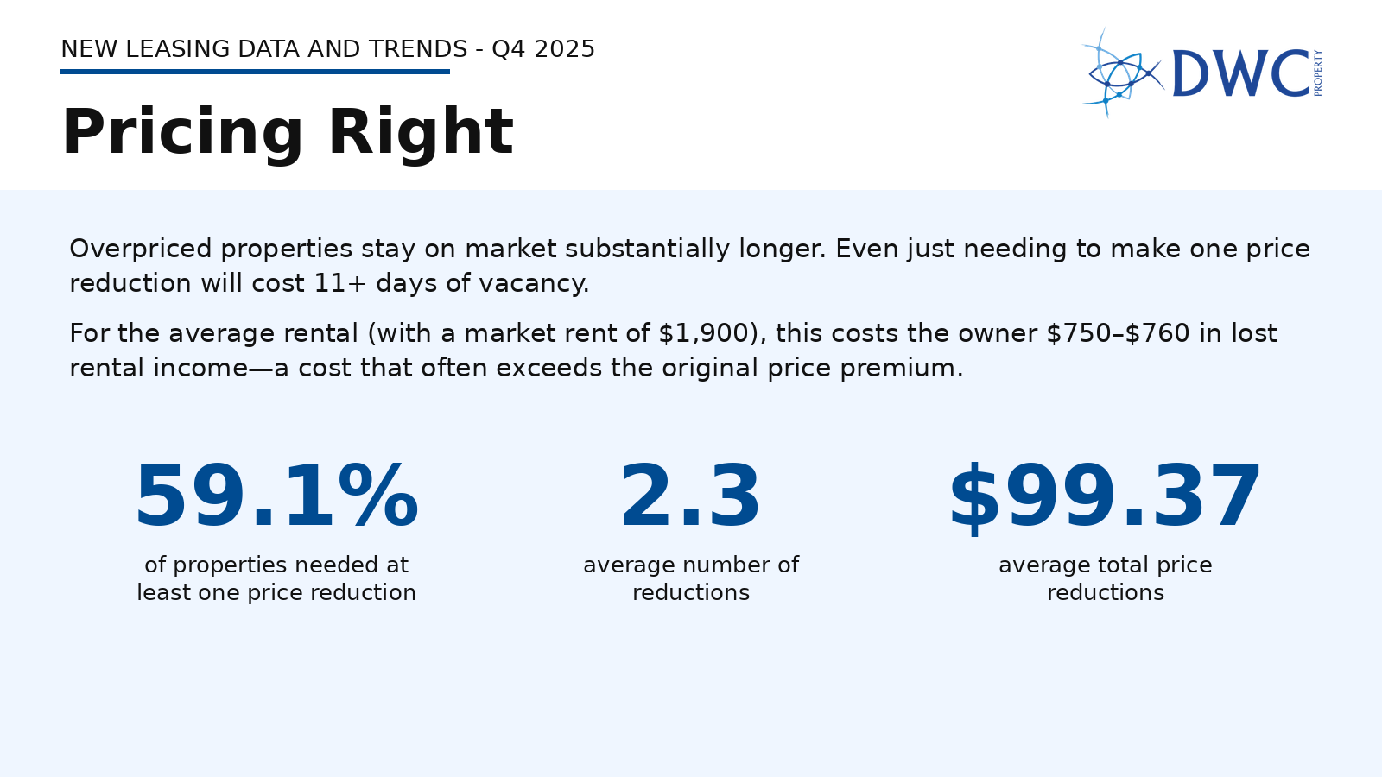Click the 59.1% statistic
[276, 498]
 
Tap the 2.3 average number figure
[690, 498]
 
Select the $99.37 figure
[1105, 498]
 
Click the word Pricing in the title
[182, 133]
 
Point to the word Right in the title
[421, 133]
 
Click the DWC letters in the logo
[1240, 74]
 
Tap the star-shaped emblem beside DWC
[1121, 74]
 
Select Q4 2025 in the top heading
[543, 49]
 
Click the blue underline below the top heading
[255, 72]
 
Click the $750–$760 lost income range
[1118, 333]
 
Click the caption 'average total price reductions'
[1105, 578]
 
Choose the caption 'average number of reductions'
[690, 578]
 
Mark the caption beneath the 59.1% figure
[276, 578]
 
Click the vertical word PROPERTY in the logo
[1317, 73]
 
